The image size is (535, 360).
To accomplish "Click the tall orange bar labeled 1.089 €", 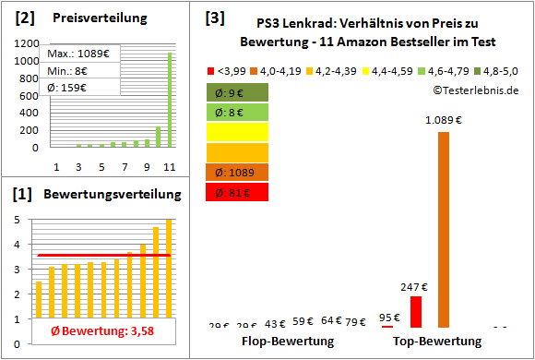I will click(x=444, y=229).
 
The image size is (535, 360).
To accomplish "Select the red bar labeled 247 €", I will click(x=416, y=311).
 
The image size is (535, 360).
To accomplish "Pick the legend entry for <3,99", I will click(x=229, y=70).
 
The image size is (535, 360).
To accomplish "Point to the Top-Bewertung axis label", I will click(x=437, y=342).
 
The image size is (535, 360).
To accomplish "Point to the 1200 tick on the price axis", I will click(x=27, y=43).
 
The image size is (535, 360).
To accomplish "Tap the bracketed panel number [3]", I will click(x=214, y=18).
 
